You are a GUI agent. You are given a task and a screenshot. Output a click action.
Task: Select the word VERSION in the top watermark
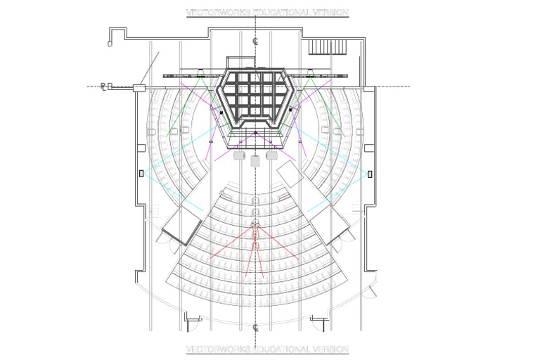328,13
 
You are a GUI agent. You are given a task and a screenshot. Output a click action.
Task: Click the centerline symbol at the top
256,41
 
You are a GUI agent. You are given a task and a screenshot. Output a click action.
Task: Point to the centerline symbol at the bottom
256,327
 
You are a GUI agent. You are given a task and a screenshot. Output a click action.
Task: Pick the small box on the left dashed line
139,87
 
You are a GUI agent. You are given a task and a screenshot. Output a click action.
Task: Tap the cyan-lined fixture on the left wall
142,172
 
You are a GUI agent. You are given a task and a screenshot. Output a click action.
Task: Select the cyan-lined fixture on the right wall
370,173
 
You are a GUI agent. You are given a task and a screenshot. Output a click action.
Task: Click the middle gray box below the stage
255,160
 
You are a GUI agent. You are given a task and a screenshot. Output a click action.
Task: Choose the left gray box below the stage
239,156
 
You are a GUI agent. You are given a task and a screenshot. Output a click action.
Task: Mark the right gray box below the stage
271,156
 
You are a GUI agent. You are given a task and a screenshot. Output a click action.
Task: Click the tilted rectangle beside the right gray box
290,171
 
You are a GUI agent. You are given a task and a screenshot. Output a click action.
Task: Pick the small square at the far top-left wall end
109,44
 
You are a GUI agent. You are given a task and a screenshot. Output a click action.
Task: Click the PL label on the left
103,86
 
